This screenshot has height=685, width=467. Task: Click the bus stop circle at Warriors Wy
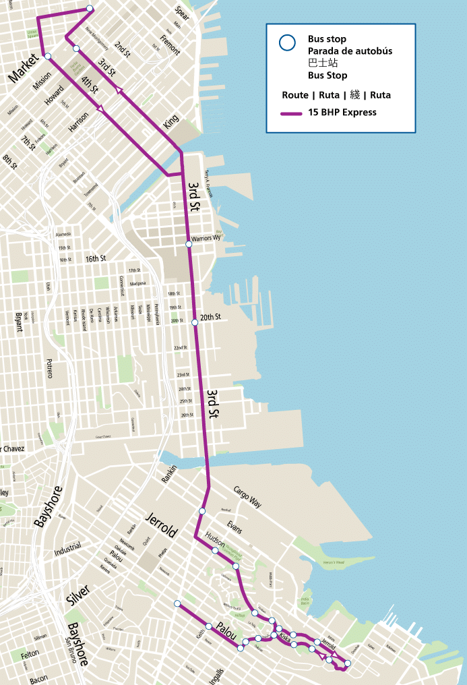point(189,244)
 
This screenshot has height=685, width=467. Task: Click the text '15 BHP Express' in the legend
point(342,112)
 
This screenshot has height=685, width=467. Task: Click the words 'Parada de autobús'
point(350,51)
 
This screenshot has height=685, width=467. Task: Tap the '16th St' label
point(96,259)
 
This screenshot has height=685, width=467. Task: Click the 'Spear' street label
point(182,12)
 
